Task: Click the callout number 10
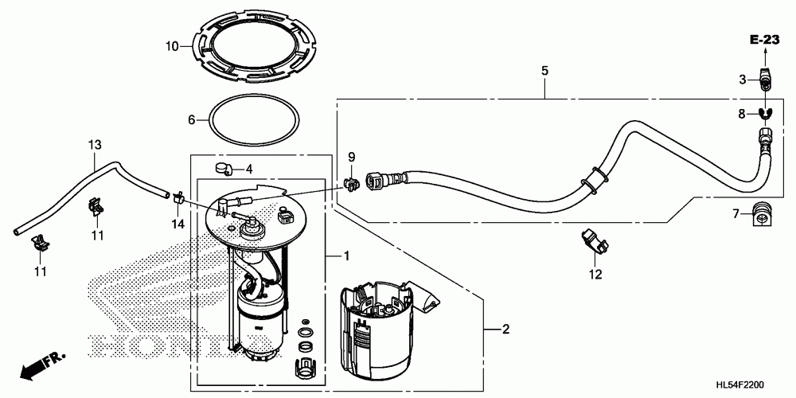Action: click(171, 47)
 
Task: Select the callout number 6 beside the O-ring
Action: click(191, 120)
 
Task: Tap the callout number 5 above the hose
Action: click(544, 71)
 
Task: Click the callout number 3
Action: click(742, 80)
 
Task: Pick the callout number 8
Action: click(742, 115)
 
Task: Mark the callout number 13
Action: click(95, 145)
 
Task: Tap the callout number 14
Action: click(178, 225)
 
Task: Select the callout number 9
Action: click(351, 157)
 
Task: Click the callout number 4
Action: click(248, 169)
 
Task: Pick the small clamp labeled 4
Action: click(222, 168)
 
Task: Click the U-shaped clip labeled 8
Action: click(765, 114)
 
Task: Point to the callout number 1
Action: click(346, 256)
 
